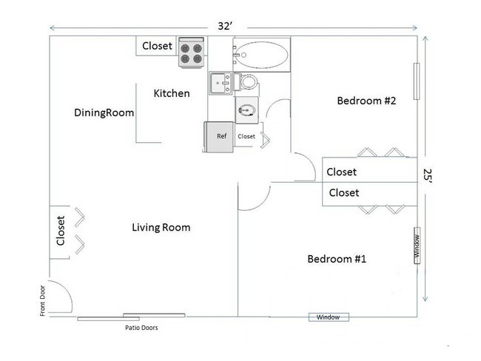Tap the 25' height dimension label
(x=428, y=176)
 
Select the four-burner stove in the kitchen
(x=191, y=52)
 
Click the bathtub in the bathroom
(x=262, y=55)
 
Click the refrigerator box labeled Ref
(x=219, y=137)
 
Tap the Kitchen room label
(x=172, y=93)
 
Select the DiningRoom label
(x=104, y=113)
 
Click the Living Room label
(x=161, y=227)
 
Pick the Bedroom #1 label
(x=337, y=259)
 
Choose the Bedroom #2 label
(x=366, y=101)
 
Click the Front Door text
(x=42, y=300)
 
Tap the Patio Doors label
(x=141, y=328)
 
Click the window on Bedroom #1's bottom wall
(x=329, y=317)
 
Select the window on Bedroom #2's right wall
(x=417, y=81)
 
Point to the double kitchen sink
(x=221, y=83)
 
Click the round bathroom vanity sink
(x=247, y=110)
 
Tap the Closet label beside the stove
(x=157, y=46)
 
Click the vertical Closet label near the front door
(x=61, y=231)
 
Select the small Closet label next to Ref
(x=246, y=136)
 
